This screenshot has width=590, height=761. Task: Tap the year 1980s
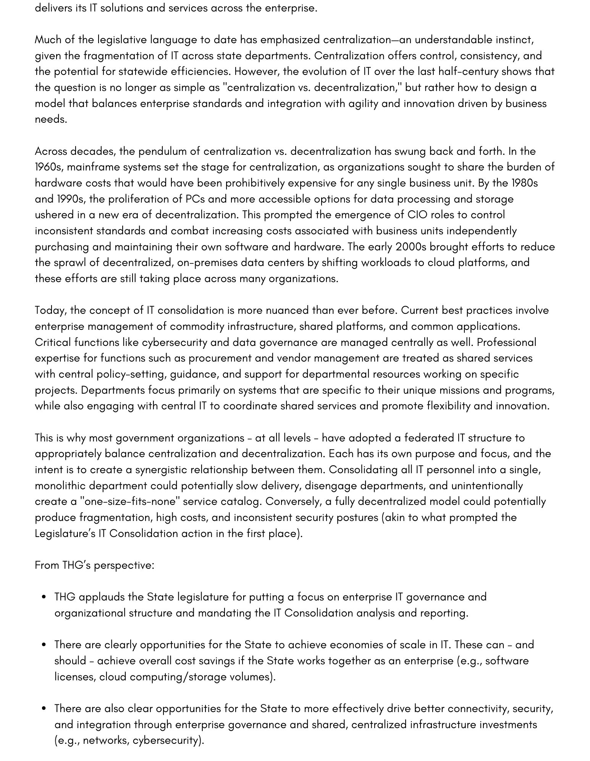pyautogui.click(x=524, y=183)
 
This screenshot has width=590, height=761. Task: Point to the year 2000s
pyautogui.click(x=411, y=247)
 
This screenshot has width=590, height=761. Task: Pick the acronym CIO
pyautogui.click(x=417, y=215)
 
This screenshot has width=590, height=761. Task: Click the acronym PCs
pyautogui.click(x=195, y=199)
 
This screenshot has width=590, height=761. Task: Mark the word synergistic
pyautogui.click(x=161, y=469)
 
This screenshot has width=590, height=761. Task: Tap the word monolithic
pyautogui.click(x=60, y=485)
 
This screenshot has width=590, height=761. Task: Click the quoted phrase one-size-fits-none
pyautogui.click(x=130, y=501)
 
